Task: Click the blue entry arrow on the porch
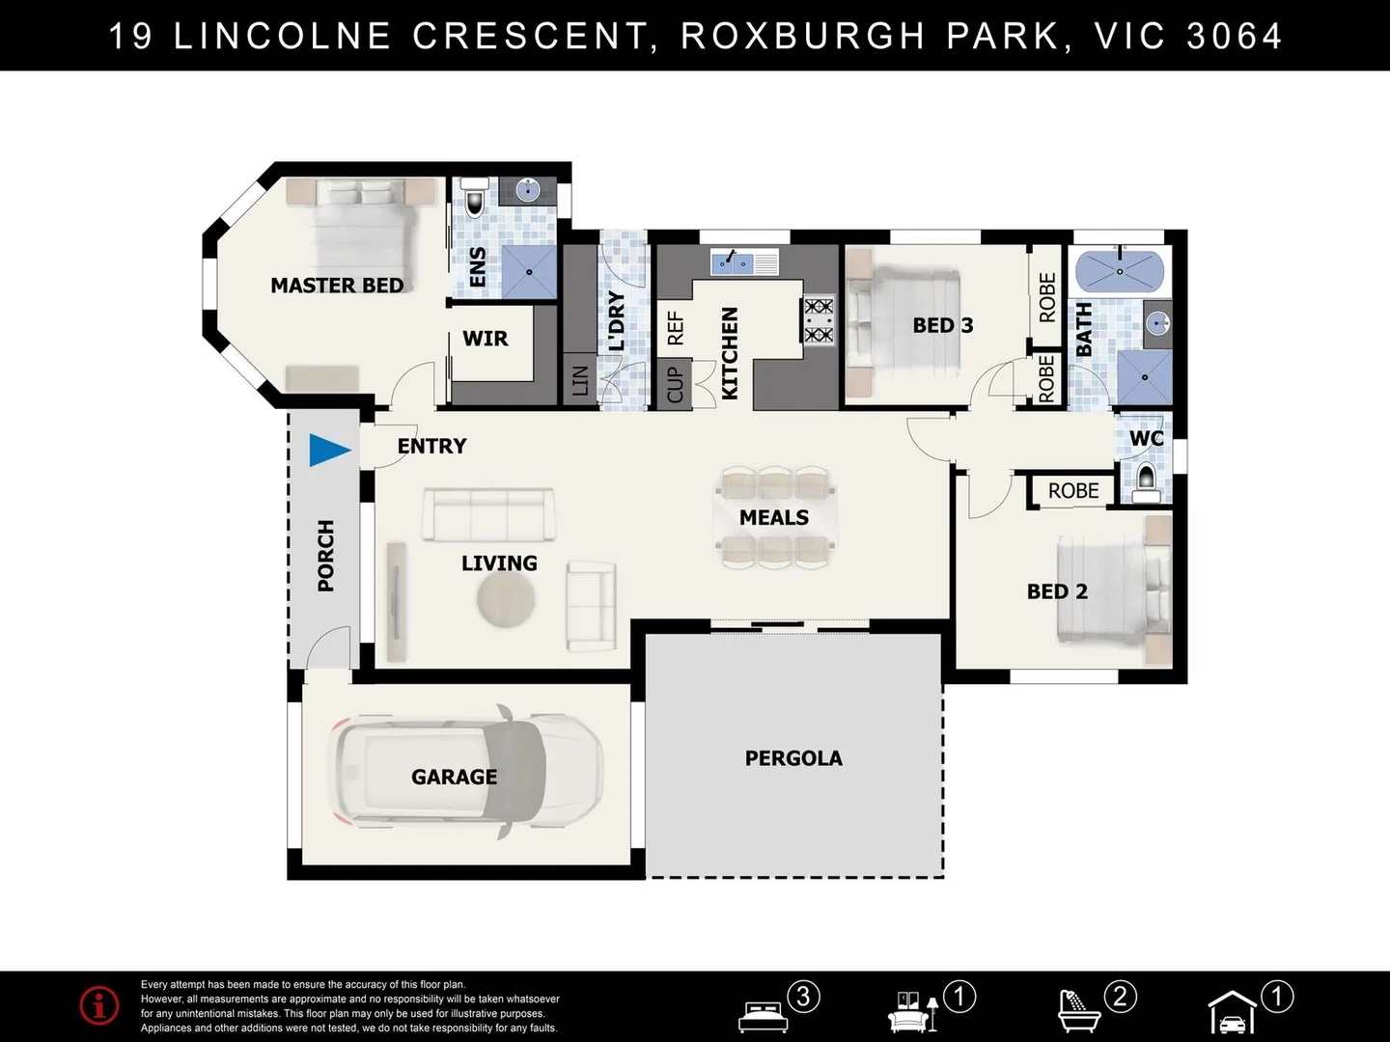[328, 451]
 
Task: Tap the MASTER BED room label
[337, 286]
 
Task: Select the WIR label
[486, 339]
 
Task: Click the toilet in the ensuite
[474, 197]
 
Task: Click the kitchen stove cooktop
[819, 320]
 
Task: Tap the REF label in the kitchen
[676, 328]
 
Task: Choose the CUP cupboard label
[675, 384]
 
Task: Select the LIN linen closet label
[580, 381]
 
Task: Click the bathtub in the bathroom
[1120, 271]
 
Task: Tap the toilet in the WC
[1146, 482]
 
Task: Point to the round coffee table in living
[506, 598]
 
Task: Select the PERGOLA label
[793, 758]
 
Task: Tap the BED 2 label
[1057, 591]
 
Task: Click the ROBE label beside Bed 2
[1073, 490]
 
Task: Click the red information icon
[99, 1004]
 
